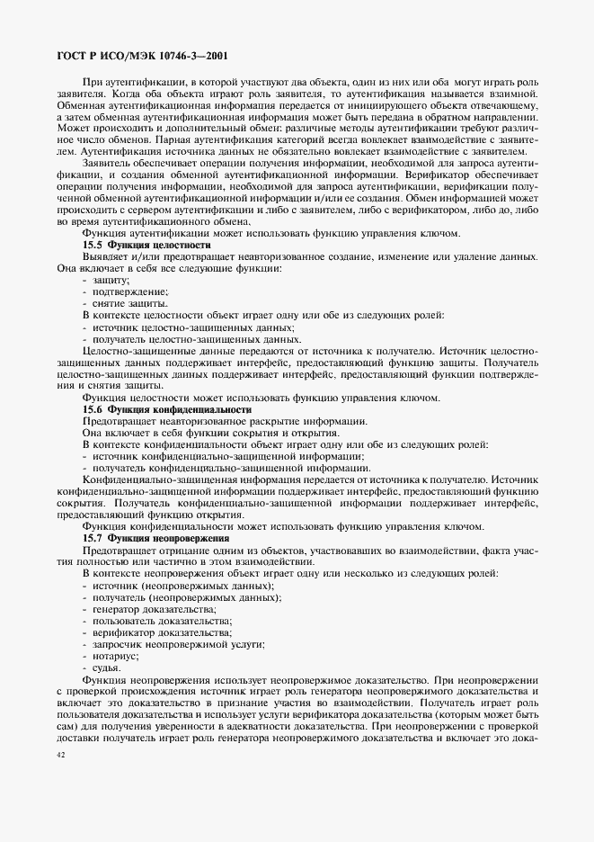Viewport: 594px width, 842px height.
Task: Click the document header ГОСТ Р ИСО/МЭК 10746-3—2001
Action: [141, 56]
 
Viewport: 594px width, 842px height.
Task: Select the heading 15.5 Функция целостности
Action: [146, 245]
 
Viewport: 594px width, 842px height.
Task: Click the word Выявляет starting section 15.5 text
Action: [107, 256]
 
